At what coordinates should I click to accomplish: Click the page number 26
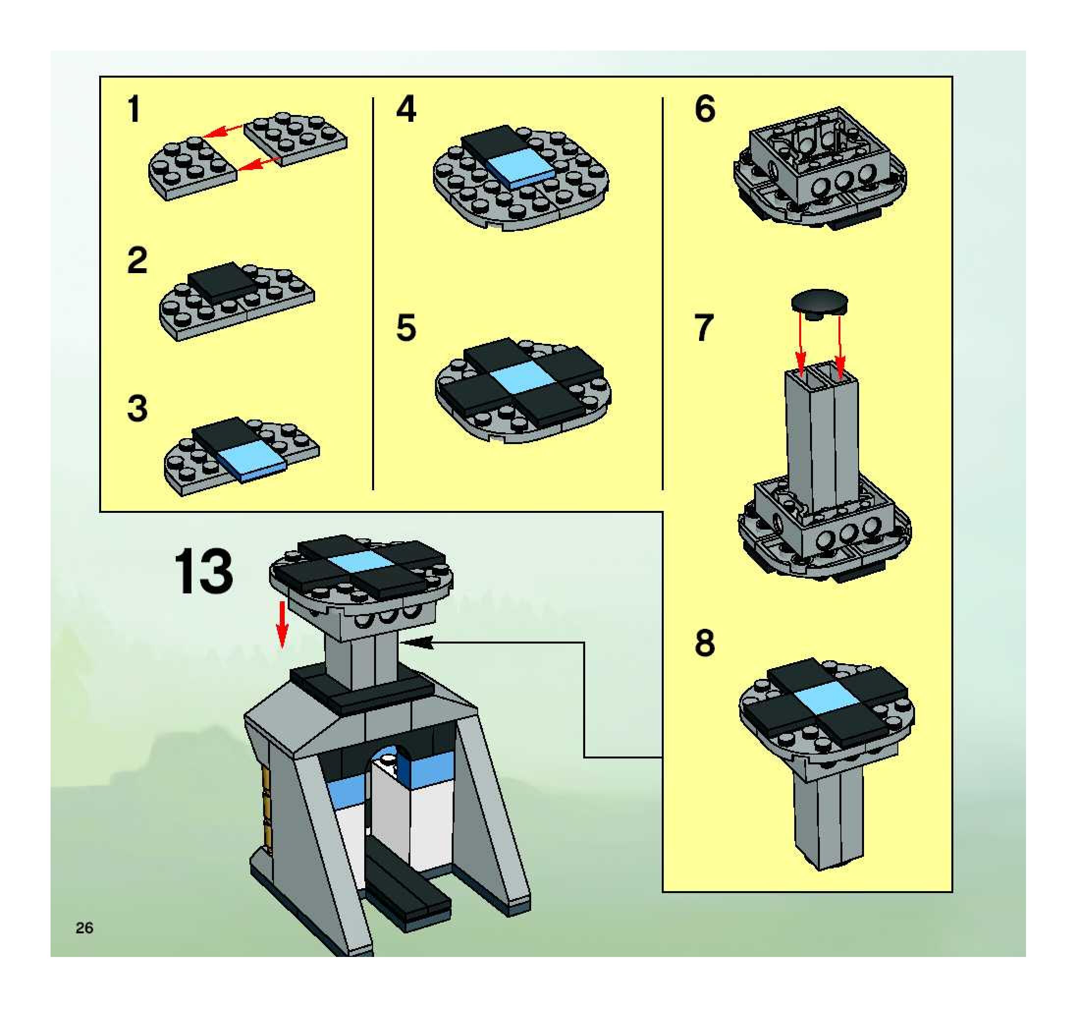pos(85,927)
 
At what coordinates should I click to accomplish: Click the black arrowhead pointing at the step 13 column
pos(418,643)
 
